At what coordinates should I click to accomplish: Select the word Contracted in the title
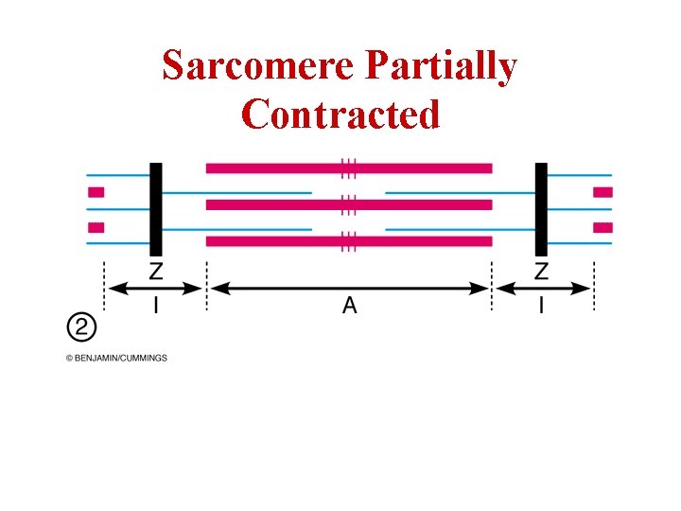coord(340,115)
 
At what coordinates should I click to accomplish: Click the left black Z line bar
coord(156,208)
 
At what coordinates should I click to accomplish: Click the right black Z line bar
coord(541,208)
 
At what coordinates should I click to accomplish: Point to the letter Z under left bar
coord(156,273)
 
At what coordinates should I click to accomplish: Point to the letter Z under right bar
coord(541,273)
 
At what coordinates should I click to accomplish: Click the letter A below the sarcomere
coord(349,306)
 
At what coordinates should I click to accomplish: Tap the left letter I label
coord(156,306)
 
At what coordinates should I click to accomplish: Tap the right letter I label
coord(541,306)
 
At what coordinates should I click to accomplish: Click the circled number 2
coord(81,327)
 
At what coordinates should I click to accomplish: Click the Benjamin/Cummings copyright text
coord(116,358)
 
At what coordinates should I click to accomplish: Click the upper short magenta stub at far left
coord(96,192)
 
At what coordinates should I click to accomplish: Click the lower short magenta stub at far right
coord(602,227)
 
